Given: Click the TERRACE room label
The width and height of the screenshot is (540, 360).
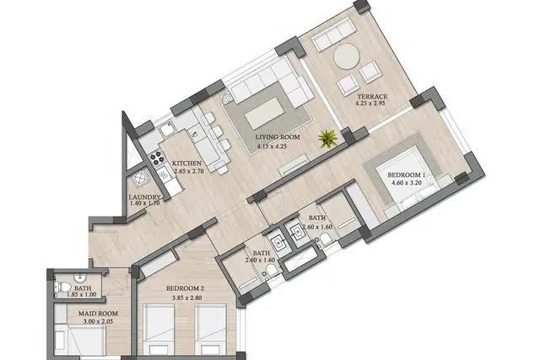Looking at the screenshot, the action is point(372,97).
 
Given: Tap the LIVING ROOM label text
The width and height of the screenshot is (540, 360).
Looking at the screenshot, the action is point(278,137).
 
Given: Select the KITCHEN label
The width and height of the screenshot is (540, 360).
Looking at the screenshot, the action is point(186,163).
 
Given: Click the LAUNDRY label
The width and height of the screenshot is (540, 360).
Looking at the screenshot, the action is point(144,197).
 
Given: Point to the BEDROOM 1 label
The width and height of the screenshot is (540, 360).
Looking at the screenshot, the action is point(407,175).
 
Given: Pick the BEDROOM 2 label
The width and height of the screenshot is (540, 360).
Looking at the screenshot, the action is point(187,288).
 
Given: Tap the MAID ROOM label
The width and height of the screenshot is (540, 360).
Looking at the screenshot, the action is point(98,314).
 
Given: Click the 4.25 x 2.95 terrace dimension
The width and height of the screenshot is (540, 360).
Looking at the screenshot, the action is point(370,103).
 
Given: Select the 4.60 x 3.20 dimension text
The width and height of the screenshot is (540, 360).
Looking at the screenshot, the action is point(407,183).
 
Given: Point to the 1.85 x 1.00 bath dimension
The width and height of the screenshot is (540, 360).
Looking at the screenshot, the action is point(82,294).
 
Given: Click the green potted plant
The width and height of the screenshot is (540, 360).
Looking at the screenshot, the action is point(327,138).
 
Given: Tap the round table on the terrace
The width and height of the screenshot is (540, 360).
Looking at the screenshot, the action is point(346,56).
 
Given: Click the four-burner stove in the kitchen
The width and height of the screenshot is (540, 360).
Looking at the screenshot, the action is point(157,159).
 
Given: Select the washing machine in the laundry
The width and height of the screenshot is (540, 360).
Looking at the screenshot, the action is point(140,178).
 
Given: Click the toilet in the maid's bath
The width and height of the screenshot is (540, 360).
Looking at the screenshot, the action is point(62,287).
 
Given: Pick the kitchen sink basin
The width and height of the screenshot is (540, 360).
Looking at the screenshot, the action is point(167,130).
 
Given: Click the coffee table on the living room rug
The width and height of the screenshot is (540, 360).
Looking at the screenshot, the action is point(265,113).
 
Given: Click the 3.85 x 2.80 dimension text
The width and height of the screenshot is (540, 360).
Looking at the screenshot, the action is point(187,298).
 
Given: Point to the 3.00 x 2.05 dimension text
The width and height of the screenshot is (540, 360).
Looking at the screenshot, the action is point(98,322).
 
